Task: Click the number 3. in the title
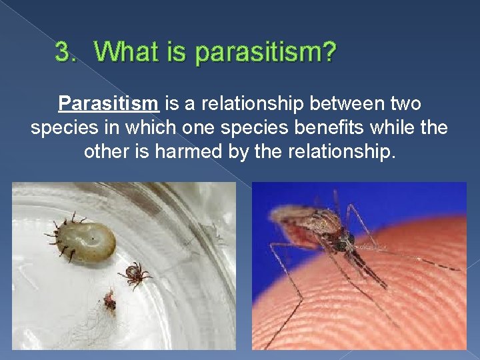(67, 52)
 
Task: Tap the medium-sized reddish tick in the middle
(135, 274)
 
